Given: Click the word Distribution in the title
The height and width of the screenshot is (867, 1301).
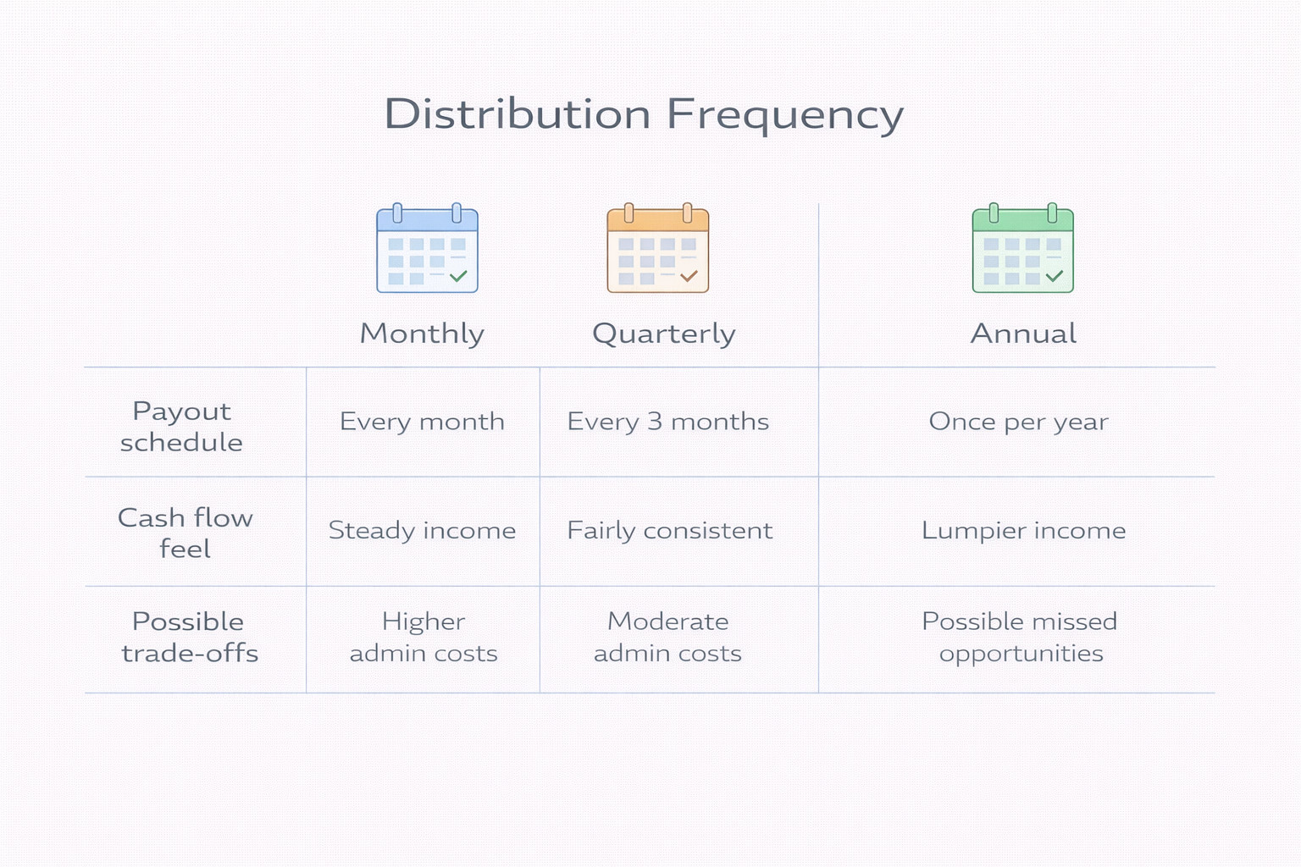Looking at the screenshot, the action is (x=518, y=113).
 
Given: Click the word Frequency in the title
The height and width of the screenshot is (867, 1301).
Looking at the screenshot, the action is (x=785, y=116).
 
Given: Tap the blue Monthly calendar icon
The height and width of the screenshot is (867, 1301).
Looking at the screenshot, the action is (x=428, y=248).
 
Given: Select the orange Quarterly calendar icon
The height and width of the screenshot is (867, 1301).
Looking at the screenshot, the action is (x=658, y=248).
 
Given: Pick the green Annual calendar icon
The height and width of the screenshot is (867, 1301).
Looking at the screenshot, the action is (x=1023, y=248).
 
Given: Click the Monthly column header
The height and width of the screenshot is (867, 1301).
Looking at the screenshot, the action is (x=423, y=334).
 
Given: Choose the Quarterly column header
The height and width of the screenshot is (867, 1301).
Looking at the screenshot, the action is (x=664, y=334).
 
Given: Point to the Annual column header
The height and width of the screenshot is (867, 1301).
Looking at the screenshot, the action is (x=1023, y=334).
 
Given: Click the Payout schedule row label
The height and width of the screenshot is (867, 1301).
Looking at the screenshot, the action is (x=182, y=426).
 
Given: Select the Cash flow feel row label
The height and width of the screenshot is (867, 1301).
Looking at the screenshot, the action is (x=185, y=533).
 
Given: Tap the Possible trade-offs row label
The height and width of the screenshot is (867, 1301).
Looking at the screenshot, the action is (x=190, y=637).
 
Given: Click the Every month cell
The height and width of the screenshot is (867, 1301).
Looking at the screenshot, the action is (x=423, y=422).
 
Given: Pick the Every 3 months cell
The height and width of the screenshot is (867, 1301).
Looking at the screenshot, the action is (x=668, y=422).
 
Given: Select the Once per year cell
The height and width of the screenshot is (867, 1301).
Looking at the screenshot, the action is (x=1019, y=422).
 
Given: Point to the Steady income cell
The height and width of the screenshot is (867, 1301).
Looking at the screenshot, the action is (x=423, y=530).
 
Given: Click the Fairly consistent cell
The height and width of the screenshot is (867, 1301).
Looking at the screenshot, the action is (x=670, y=530).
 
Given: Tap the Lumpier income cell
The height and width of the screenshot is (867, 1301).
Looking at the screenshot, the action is (x=1024, y=530).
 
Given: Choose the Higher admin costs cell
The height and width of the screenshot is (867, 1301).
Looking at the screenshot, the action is (x=424, y=637).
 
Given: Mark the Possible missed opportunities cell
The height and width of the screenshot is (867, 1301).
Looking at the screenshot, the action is (x=1020, y=637).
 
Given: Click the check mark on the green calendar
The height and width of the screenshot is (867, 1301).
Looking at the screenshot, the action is (x=1055, y=276).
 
